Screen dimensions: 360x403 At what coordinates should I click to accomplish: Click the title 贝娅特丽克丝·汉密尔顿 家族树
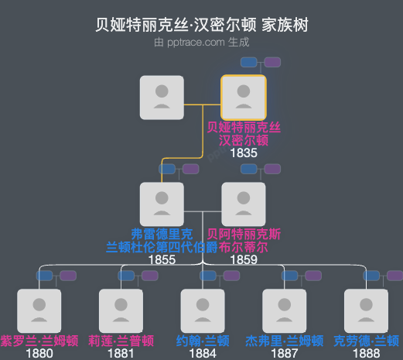(x=201, y=26)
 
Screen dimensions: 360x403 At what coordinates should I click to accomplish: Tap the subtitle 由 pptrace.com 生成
(x=201, y=43)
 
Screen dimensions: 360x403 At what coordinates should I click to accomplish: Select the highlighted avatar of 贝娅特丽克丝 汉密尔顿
(x=244, y=98)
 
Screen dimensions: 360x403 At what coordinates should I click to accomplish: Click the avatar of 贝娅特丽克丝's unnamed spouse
(x=162, y=98)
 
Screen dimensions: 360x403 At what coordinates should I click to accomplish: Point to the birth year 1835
(x=244, y=153)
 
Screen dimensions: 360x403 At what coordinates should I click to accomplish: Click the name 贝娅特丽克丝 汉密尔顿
(x=244, y=134)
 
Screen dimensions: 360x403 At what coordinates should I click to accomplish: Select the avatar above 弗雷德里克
(x=162, y=204)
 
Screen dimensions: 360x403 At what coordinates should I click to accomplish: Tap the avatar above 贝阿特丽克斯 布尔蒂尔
(x=244, y=204)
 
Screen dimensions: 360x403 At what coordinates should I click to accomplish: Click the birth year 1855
(x=162, y=259)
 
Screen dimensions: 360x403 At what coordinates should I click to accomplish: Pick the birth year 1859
(x=244, y=259)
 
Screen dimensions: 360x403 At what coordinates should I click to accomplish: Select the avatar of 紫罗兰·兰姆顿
(x=39, y=311)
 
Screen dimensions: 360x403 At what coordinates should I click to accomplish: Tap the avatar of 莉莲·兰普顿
(x=121, y=311)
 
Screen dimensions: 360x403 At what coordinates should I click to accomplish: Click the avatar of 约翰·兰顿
(x=203, y=311)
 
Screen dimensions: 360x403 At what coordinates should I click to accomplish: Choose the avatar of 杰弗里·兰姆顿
(x=285, y=311)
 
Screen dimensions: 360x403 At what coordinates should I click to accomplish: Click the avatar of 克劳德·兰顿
(x=366, y=311)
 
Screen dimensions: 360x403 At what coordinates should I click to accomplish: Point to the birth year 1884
(x=203, y=354)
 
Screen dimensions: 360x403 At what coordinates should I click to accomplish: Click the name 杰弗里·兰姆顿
(x=285, y=341)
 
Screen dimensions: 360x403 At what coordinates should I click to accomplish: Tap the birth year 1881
(x=121, y=354)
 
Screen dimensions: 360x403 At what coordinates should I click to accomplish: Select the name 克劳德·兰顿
(x=366, y=341)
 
